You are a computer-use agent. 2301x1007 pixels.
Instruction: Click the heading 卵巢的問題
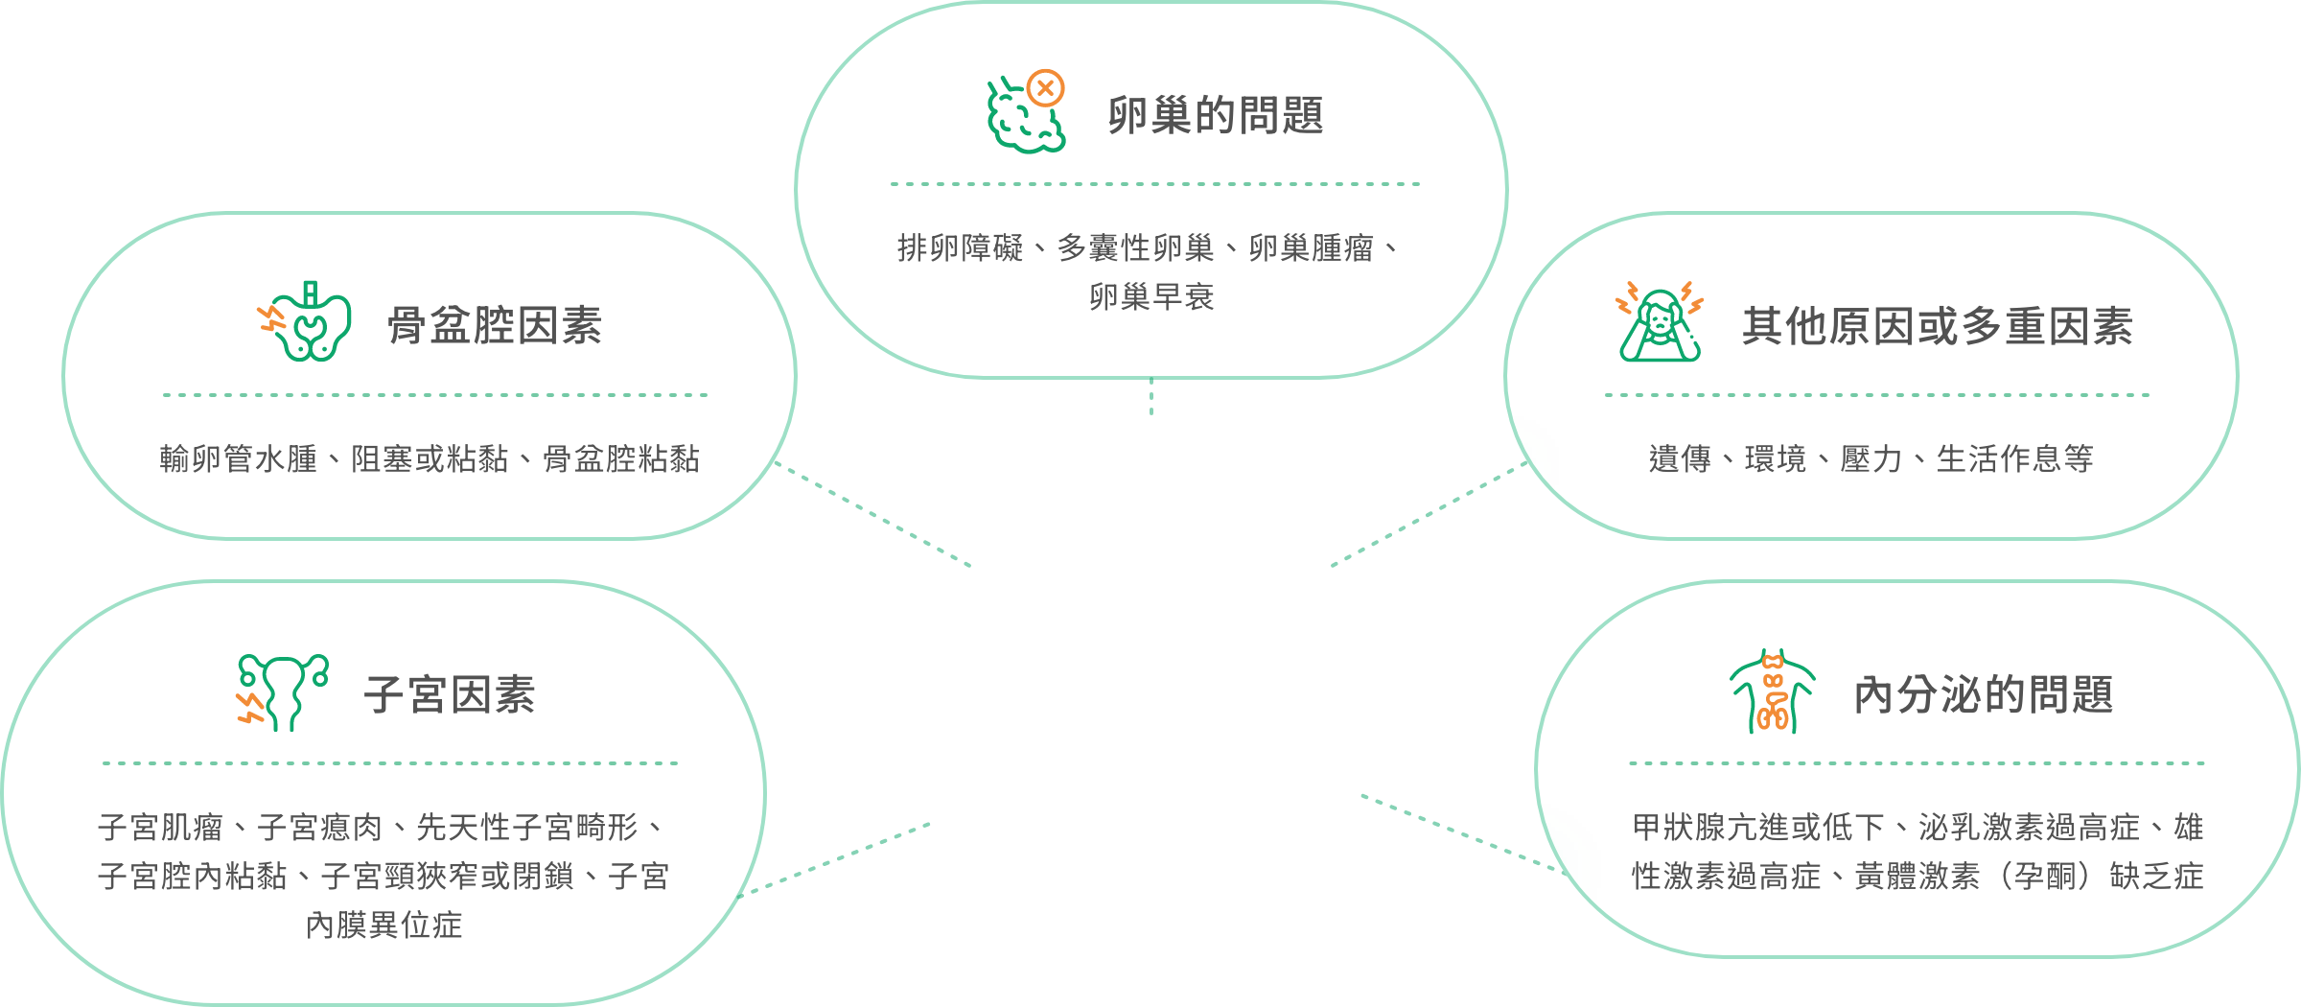(x=1216, y=116)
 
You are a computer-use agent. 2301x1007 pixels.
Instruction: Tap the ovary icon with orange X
(x=1027, y=111)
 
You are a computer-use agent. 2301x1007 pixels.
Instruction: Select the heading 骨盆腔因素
(x=495, y=326)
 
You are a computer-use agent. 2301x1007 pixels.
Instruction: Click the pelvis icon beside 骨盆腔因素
(x=305, y=321)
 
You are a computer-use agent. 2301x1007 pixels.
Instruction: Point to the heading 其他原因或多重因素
(x=1938, y=326)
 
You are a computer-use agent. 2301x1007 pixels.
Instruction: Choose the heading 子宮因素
(x=450, y=694)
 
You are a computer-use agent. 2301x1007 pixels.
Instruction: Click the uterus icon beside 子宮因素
(x=283, y=693)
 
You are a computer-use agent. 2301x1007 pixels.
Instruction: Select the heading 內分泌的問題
(x=1984, y=694)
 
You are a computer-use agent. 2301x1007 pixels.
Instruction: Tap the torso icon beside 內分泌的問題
(x=1773, y=691)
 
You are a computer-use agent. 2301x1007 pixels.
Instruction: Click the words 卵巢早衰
(x=1151, y=297)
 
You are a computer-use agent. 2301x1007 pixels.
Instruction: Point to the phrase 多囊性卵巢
(x=1136, y=248)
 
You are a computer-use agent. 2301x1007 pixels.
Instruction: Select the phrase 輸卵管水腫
(x=239, y=459)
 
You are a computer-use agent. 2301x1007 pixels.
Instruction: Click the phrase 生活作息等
(x=2015, y=459)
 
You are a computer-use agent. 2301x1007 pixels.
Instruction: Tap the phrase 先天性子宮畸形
(x=527, y=827)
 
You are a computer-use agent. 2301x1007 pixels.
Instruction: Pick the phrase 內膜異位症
(x=383, y=925)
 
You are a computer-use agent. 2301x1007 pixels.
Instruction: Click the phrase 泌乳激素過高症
(x=2030, y=827)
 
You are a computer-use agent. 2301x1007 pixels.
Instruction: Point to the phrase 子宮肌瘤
(x=160, y=827)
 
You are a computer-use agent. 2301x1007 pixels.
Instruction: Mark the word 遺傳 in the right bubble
(x=1680, y=459)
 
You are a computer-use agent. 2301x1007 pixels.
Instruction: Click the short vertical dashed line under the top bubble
(x=1151, y=397)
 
